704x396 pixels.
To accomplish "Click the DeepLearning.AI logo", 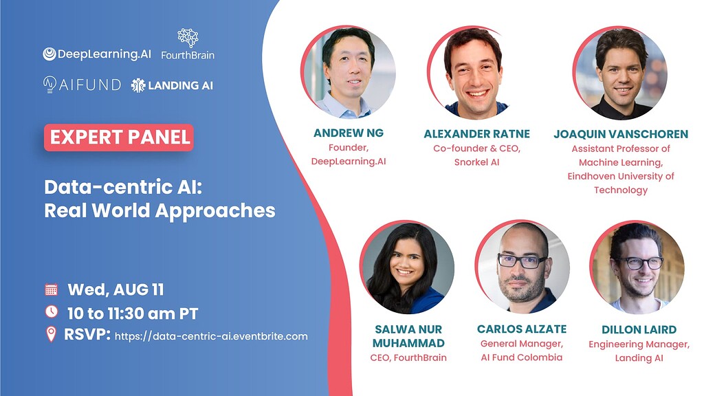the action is [97, 54].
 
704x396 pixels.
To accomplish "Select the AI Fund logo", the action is [82, 85].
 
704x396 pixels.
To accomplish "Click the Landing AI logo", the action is [172, 85].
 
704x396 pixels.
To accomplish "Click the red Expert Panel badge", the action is [118, 137].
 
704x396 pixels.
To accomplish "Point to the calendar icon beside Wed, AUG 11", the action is [51, 289].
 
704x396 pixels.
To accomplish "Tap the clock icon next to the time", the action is [51, 311].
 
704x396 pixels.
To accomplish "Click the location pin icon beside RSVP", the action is [51, 335].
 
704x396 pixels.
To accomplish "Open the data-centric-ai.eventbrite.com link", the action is [212, 336].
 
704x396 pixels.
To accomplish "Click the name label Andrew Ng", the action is [349, 133].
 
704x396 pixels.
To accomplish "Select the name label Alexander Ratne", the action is [477, 134].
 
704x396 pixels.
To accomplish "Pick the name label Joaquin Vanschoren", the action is [621, 134].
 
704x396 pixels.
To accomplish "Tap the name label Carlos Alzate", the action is [522, 329].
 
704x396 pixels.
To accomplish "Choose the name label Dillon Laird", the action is [639, 329].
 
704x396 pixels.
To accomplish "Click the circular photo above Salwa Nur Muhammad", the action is [407, 267].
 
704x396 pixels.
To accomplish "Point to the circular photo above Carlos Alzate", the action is [522, 267].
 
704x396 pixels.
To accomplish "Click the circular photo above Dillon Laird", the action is [637, 267].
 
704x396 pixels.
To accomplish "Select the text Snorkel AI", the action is [477, 162].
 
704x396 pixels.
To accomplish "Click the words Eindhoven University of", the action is [621, 176].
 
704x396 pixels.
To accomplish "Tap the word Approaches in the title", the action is [215, 211].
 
